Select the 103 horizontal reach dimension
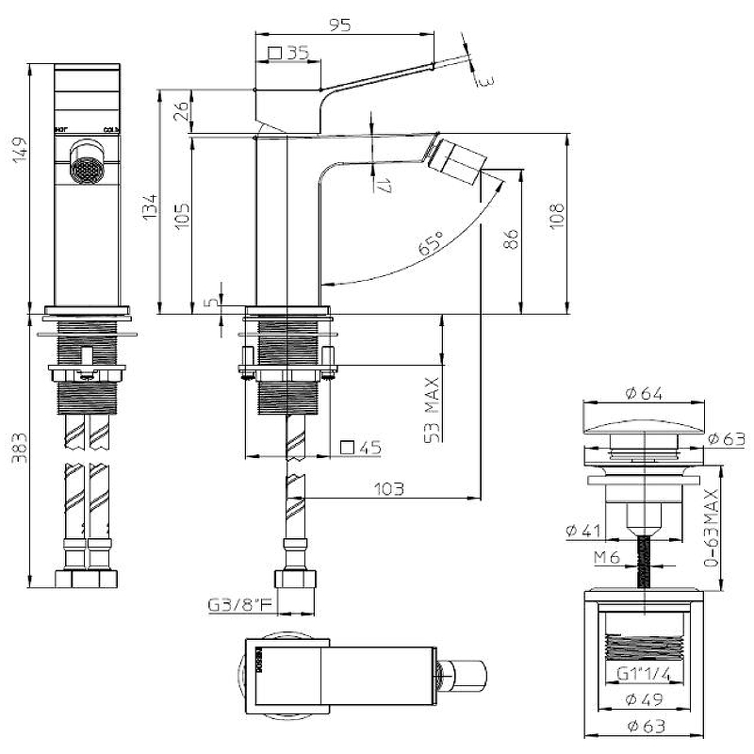388,488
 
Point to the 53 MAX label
433,410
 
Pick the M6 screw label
606,557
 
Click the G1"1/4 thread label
644,673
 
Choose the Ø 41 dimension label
584,532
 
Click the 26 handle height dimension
184,112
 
